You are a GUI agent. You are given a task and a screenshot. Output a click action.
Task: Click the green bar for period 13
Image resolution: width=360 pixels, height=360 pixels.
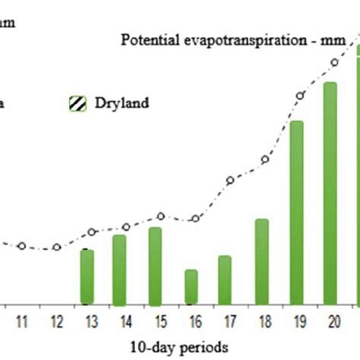tap(87, 276)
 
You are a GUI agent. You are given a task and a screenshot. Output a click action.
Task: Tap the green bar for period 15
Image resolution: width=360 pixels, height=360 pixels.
tap(155, 265)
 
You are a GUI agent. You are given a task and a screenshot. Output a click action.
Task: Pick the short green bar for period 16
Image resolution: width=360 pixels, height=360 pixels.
tap(191, 286)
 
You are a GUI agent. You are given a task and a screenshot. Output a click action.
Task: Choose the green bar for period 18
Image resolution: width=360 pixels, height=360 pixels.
tap(261, 261)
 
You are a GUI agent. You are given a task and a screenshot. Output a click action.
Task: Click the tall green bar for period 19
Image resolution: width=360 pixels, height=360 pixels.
tap(297, 212)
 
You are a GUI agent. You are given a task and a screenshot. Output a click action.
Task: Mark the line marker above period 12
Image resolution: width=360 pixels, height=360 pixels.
tap(56, 247)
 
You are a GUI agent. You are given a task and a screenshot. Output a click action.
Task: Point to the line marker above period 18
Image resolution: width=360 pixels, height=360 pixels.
tap(265, 159)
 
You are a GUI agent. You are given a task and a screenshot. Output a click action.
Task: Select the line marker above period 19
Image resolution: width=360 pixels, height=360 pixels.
tap(301, 96)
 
